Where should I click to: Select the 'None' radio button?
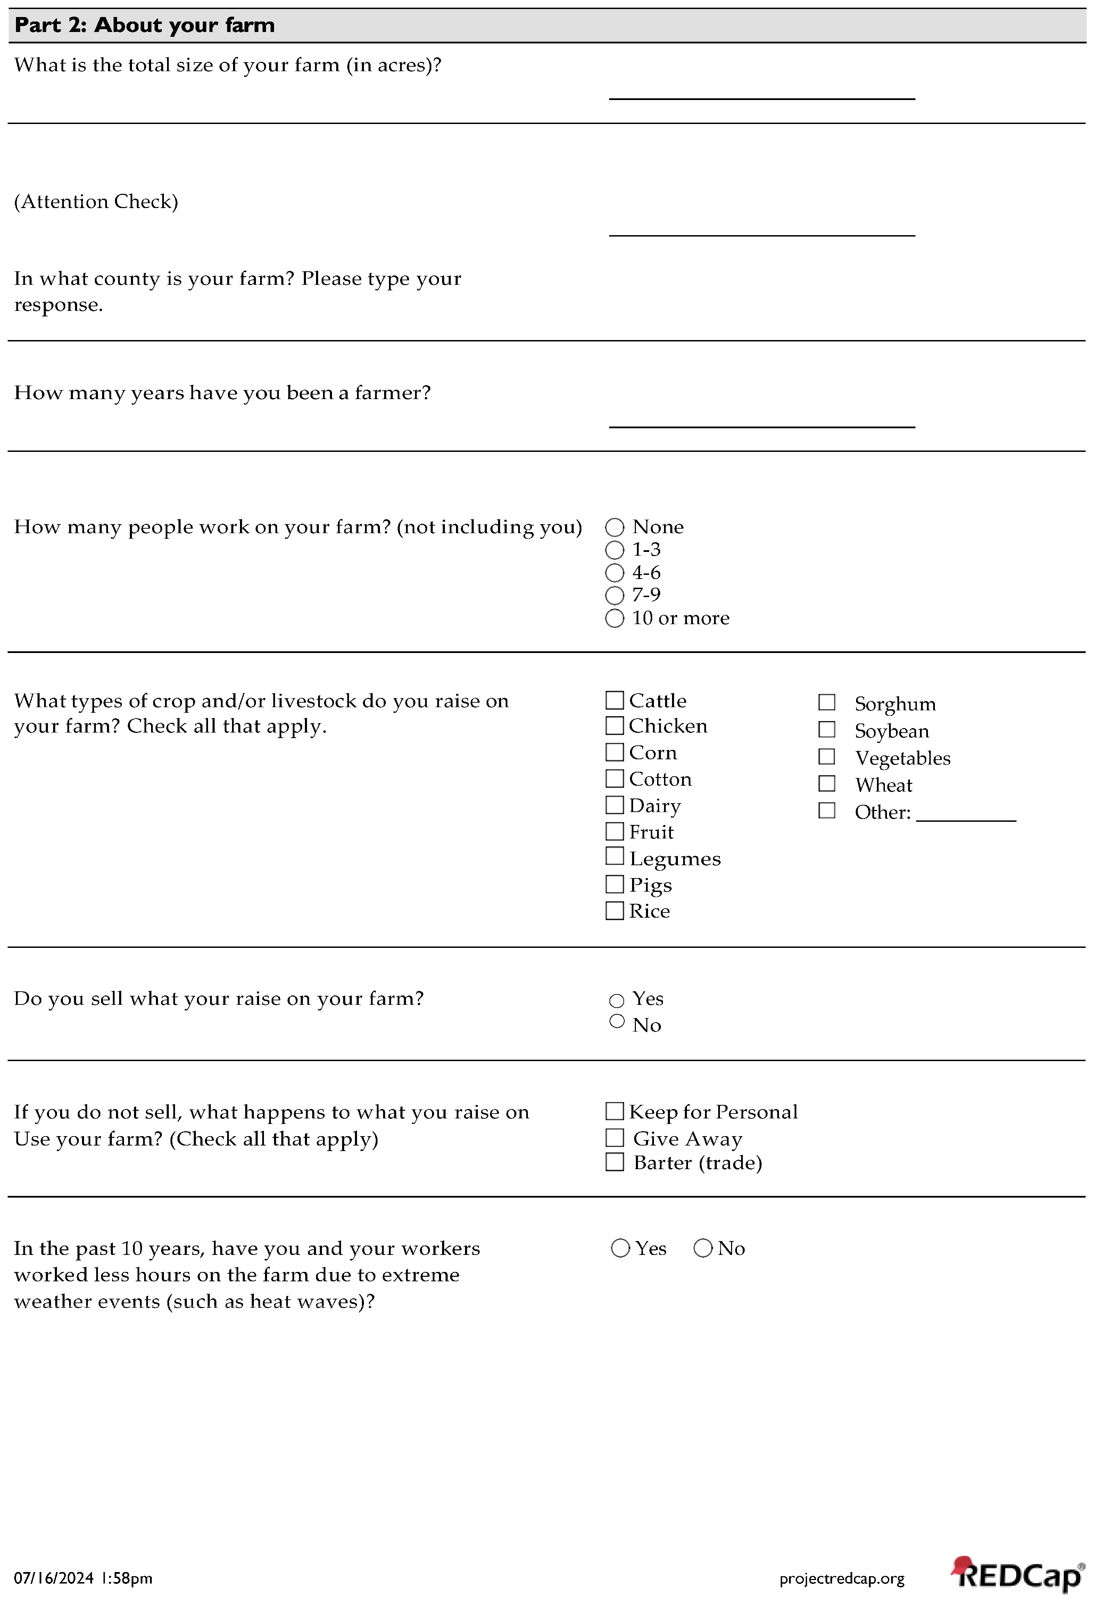[x=614, y=527]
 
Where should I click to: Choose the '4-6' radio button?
[x=614, y=573]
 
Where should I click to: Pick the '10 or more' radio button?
[x=614, y=618]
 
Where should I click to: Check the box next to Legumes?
[x=614, y=857]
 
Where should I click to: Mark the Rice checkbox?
[x=614, y=911]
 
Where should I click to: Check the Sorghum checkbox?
[x=827, y=703]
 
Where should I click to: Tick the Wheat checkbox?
[x=827, y=784]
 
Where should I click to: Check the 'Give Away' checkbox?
[x=614, y=1138]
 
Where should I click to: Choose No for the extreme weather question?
[x=703, y=1249]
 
